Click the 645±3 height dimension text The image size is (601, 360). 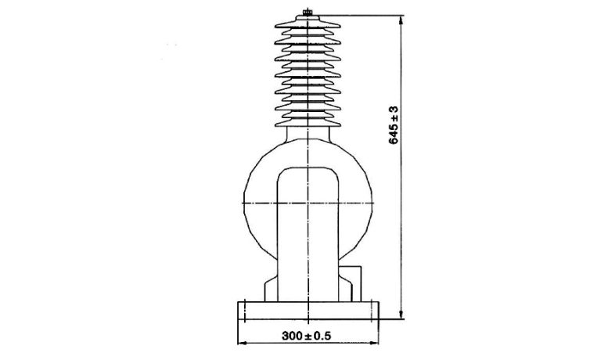coord(394,124)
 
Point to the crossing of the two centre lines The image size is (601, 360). coord(310,203)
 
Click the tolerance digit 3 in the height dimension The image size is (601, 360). coord(394,107)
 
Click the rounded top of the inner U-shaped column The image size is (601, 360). coord(310,167)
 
